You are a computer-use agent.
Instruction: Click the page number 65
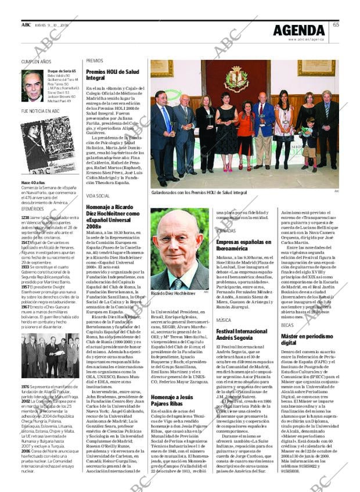336,24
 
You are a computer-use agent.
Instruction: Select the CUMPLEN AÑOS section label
36,61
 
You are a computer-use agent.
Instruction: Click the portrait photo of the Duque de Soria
33,85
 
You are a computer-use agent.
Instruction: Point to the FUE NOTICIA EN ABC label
40,110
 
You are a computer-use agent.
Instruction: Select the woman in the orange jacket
246,131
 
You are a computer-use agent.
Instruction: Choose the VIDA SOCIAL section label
98,197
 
